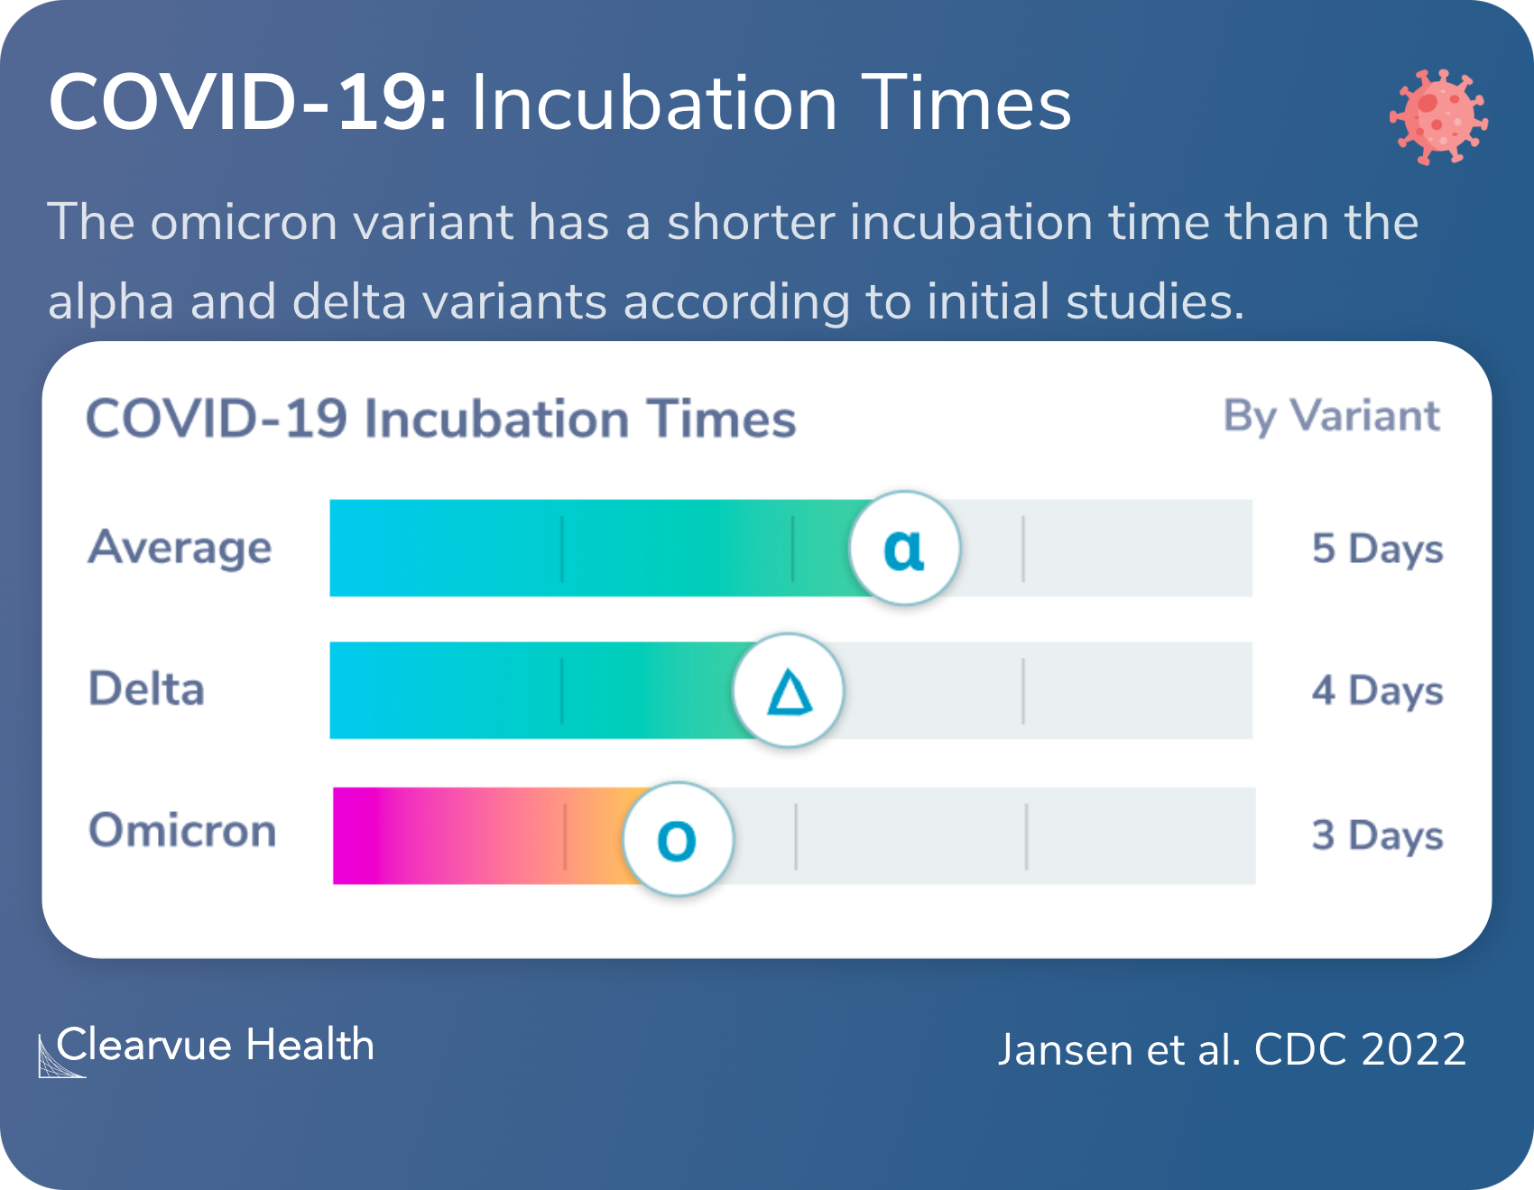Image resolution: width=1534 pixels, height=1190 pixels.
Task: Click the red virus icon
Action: click(1438, 116)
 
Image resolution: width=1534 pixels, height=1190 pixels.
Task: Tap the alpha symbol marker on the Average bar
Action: click(904, 548)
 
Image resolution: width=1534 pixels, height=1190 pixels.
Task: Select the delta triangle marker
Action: click(789, 691)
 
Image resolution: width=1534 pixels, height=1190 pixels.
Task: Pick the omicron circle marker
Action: click(678, 839)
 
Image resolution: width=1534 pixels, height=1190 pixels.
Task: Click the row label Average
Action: click(180, 548)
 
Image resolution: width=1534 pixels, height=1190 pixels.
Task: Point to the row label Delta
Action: click(146, 689)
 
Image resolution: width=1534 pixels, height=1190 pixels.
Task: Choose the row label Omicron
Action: click(182, 831)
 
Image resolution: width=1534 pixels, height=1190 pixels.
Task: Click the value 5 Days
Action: click(1377, 549)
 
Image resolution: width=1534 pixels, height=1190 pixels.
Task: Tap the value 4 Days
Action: click(1377, 691)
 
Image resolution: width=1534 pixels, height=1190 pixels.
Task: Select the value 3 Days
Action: click(1377, 835)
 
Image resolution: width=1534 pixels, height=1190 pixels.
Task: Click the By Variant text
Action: click(1331, 417)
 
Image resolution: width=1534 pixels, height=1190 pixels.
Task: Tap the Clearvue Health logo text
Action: click(215, 1047)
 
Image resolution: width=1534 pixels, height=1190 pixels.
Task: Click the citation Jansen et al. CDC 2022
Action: click(1232, 1050)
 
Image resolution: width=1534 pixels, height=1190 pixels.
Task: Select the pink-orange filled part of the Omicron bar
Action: click(478, 835)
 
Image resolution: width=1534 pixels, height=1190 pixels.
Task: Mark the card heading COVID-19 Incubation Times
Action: click(440, 420)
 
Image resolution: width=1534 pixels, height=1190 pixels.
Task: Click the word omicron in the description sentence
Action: click(244, 222)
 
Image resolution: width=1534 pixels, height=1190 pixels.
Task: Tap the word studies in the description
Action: click(1155, 301)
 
